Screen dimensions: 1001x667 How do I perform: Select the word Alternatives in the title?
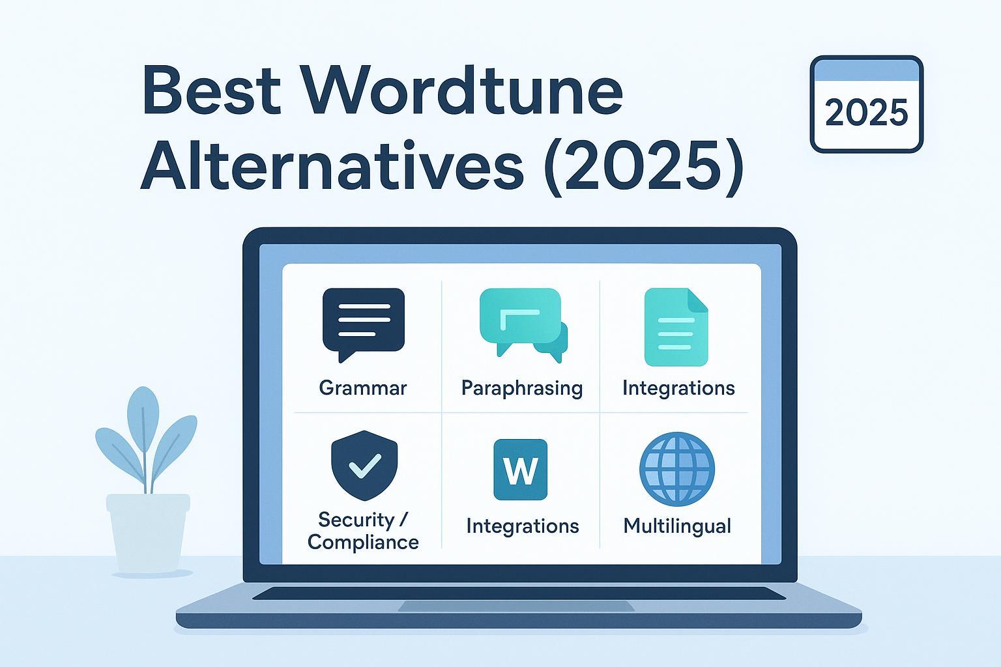(x=332, y=165)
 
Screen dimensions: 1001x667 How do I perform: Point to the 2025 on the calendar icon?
(x=867, y=113)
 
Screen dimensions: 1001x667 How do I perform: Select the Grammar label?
(x=363, y=388)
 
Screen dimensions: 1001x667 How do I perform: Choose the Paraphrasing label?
(x=522, y=388)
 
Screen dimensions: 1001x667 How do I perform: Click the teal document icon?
(x=676, y=327)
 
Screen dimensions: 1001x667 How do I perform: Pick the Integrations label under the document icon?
(x=678, y=388)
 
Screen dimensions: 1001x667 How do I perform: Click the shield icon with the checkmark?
(x=364, y=465)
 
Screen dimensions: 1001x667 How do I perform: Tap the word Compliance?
(x=363, y=543)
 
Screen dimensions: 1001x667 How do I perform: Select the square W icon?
(x=520, y=469)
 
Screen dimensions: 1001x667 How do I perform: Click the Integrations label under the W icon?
(x=523, y=526)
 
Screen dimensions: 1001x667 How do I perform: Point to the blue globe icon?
(x=677, y=468)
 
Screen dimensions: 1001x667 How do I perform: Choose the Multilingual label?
(x=677, y=526)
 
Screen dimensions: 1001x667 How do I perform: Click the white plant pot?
(x=148, y=533)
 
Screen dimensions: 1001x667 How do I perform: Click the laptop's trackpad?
(x=516, y=606)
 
